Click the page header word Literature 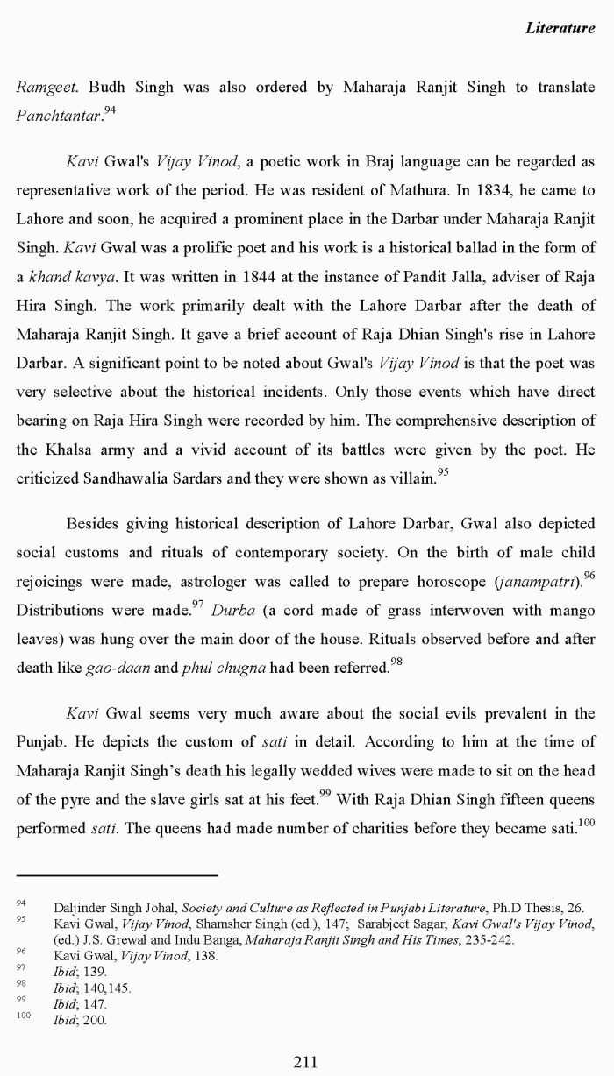coord(560,28)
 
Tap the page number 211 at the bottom coord(304,1061)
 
